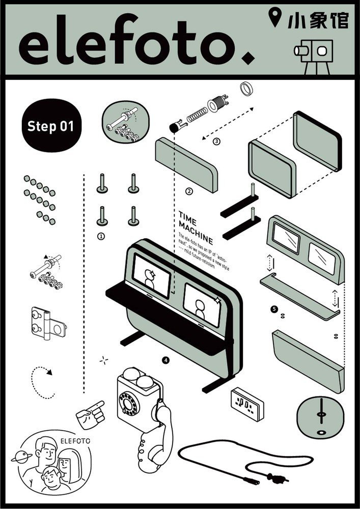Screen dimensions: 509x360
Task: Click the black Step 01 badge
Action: (50, 126)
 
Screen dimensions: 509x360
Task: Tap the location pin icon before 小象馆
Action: (275, 18)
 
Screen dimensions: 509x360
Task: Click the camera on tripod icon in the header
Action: (314, 52)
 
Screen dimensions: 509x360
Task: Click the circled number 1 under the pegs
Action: (101, 236)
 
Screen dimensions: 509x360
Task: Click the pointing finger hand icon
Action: (90, 414)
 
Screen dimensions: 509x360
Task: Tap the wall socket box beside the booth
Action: (247, 406)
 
